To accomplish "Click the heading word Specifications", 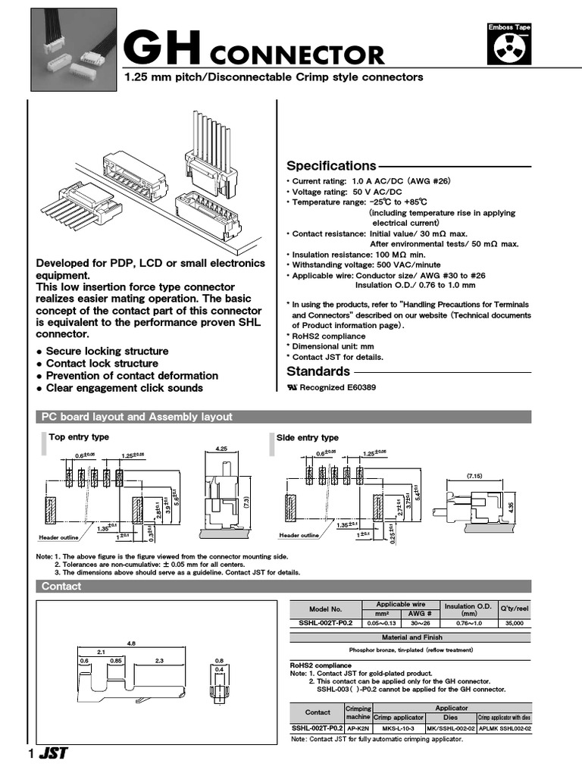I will tap(331, 166).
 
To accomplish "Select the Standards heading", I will tap(318, 371).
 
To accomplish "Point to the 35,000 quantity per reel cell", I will tap(515, 622).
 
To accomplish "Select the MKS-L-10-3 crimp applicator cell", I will tap(397, 727).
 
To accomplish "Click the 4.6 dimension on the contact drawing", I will tap(131, 643).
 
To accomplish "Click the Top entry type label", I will tap(79, 437).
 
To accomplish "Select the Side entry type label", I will tap(308, 438).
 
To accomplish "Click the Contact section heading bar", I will tap(61, 587).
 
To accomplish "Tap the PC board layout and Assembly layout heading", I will tap(136, 417).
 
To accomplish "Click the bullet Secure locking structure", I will tap(107, 352).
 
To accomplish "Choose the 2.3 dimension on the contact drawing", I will tap(159, 661).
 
